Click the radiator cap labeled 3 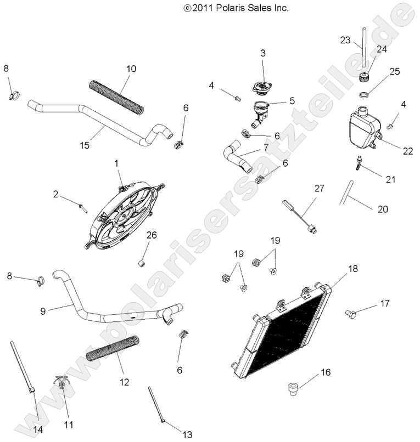(x=262, y=87)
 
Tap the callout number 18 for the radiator (x=352, y=268)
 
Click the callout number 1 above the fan (x=116, y=163)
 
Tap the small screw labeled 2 (x=82, y=206)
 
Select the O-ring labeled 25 (x=363, y=95)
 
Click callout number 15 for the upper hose (x=84, y=145)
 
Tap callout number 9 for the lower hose (x=43, y=310)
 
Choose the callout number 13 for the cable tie (x=187, y=434)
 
